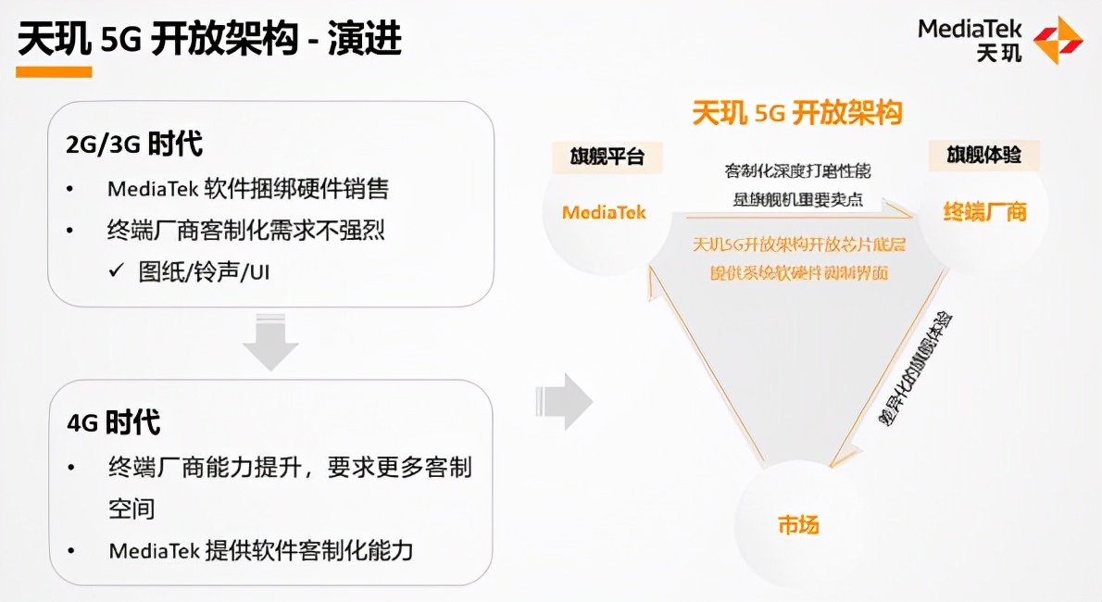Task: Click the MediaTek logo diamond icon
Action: tap(1058, 40)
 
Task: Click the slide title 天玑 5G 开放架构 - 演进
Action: tap(209, 41)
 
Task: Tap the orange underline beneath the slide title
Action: tap(55, 71)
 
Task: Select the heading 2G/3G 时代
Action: tap(134, 144)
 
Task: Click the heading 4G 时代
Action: tap(113, 423)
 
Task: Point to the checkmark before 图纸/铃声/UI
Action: tap(116, 272)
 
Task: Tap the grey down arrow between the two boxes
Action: tap(269, 344)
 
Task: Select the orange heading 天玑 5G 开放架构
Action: tap(797, 113)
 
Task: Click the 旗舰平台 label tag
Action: tap(607, 156)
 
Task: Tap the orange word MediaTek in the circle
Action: tap(604, 212)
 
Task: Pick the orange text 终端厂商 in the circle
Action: tap(985, 212)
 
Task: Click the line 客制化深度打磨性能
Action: tap(797, 171)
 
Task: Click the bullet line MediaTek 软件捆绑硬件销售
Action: tap(248, 189)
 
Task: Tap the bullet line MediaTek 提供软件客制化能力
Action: tap(260, 551)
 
